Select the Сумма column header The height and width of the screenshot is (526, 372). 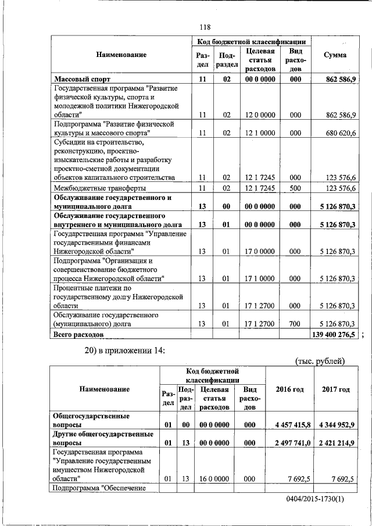pyautogui.click(x=335, y=55)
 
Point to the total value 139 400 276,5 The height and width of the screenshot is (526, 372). pyautogui.click(x=335, y=335)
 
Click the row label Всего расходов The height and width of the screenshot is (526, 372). pyautogui.click(x=78, y=335)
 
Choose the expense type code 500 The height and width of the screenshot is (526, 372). pyautogui.click(x=295, y=188)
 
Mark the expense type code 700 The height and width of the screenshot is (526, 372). pyautogui.click(x=295, y=323)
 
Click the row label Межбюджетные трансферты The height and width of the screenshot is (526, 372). pyautogui.click(x=99, y=188)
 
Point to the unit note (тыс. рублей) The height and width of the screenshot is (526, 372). pyautogui.click(x=320, y=361)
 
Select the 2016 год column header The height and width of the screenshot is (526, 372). pyautogui.click(x=289, y=389)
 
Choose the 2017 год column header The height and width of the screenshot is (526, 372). pyautogui.click(x=336, y=389)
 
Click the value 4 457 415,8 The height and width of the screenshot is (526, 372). pyautogui.click(x=290, y=425)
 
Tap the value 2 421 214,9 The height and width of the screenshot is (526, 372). pyautogui.click(x=336, y=442)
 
